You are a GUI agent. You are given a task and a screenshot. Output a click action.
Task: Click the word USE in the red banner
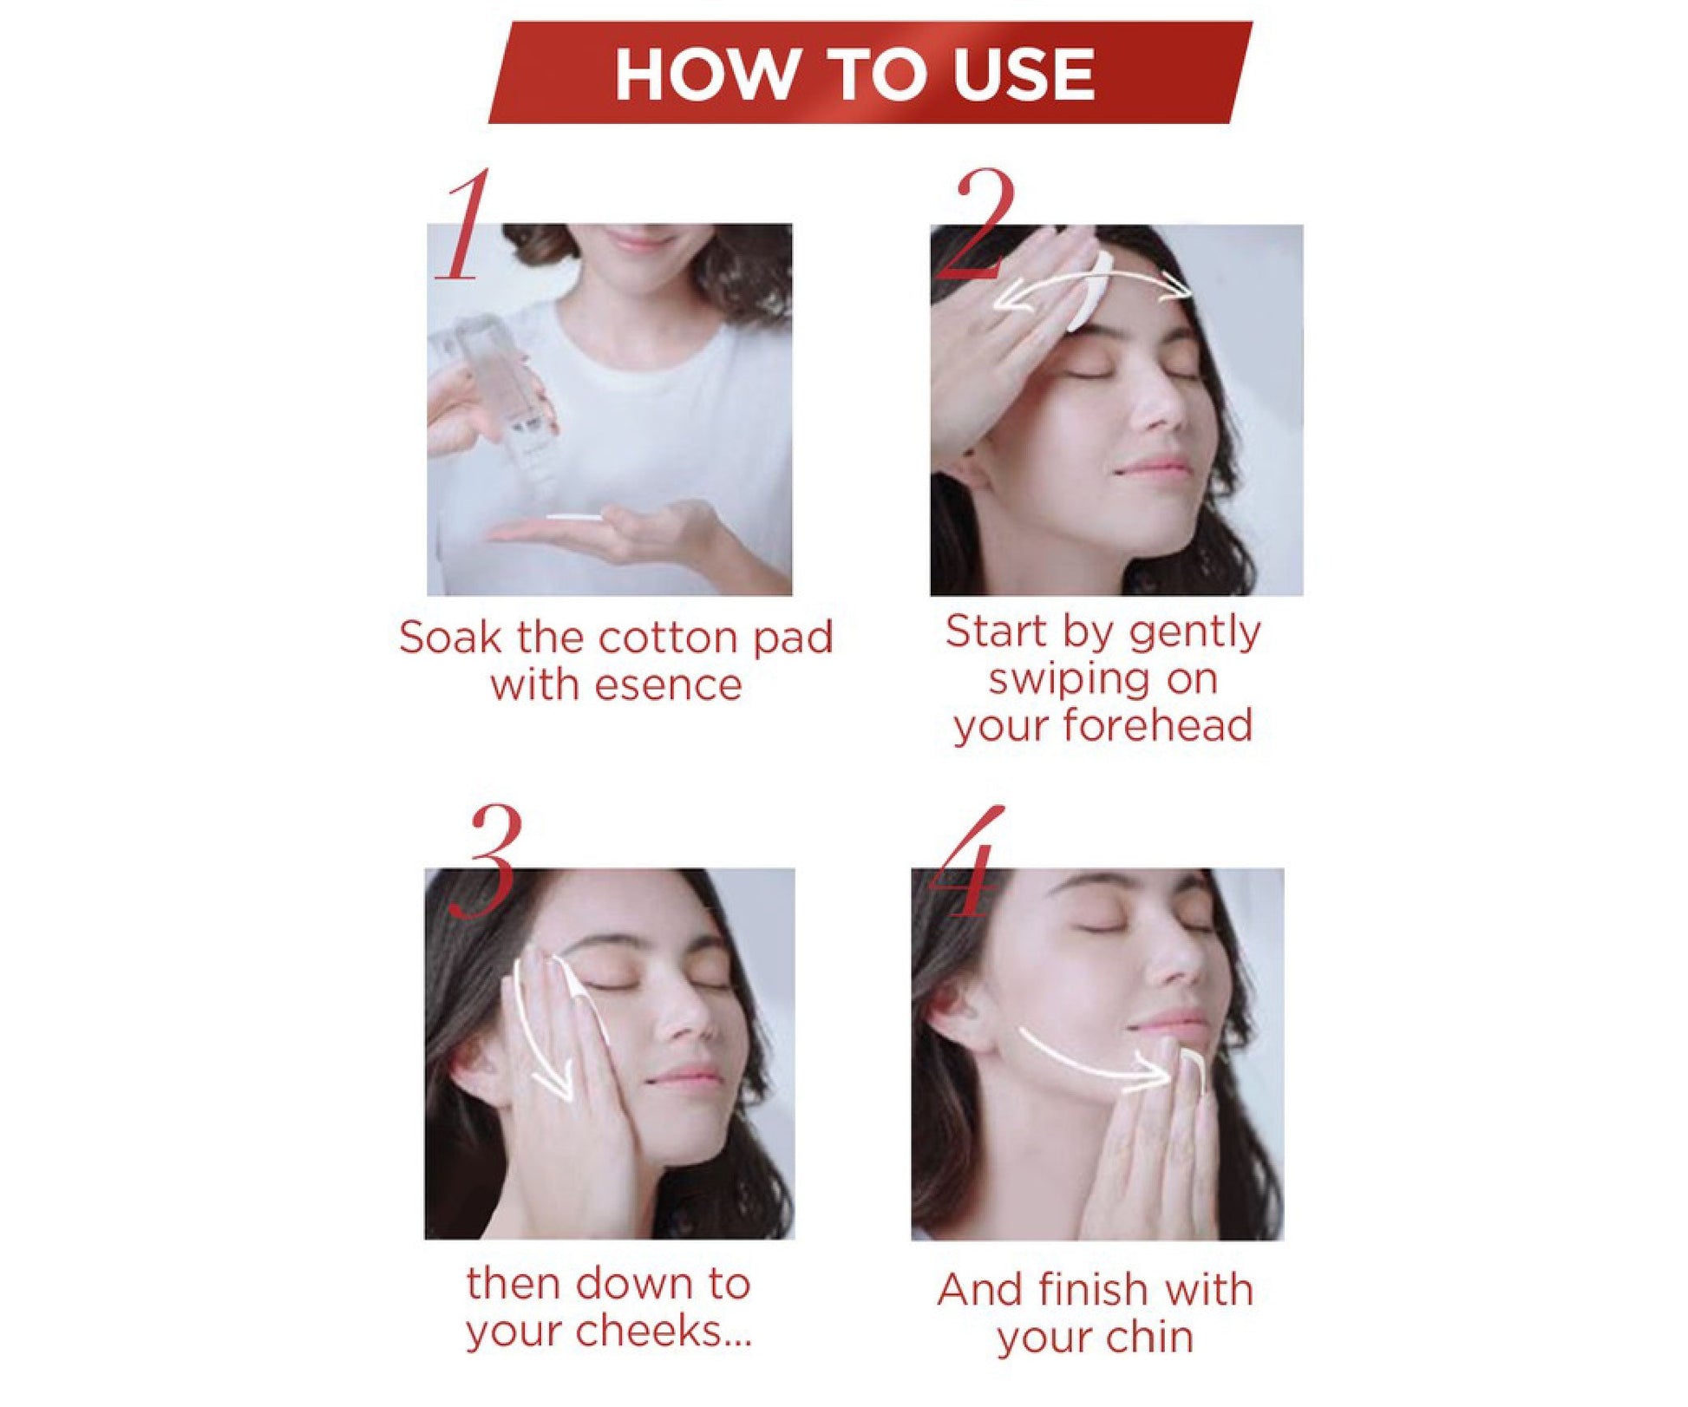point(1023,74)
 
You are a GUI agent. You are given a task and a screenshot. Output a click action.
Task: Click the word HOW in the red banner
point(704,74)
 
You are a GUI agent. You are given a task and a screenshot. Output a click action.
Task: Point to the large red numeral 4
point(967,861)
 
